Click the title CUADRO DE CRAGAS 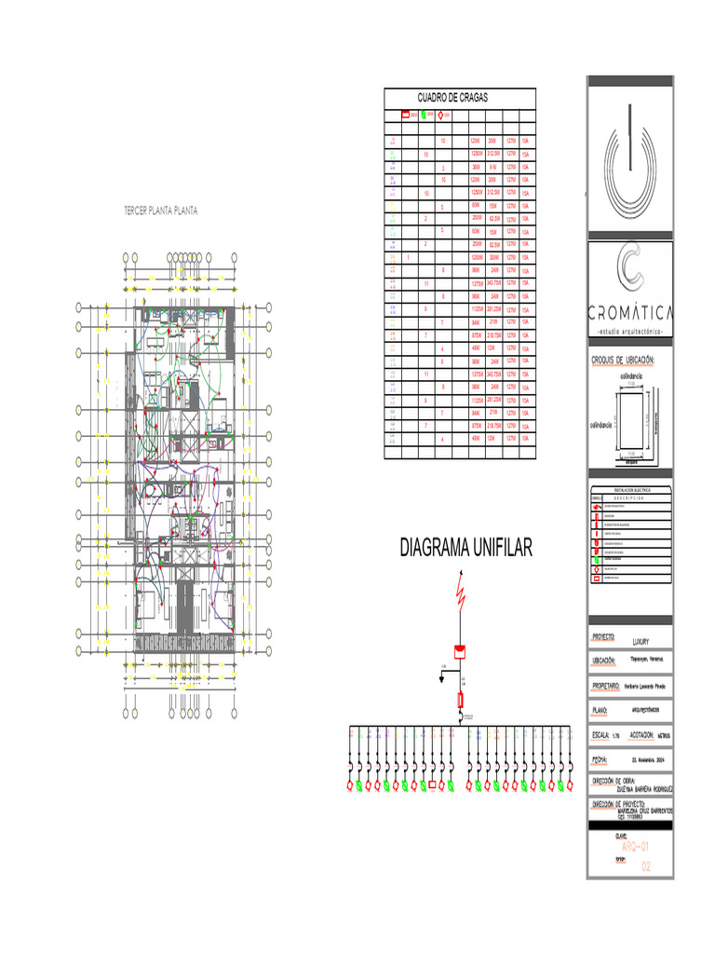click(453, 98)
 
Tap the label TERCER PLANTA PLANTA click(161, 211)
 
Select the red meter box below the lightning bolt click(459, 650)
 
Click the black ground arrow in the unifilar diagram click(443, 676)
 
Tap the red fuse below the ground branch click(459, 700)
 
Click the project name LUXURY click(640, 642)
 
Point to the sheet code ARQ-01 click(633, 846)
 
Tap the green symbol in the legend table click(597, 558)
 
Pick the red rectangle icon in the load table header click(405, 116)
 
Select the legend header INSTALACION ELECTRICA click(630, 488)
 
